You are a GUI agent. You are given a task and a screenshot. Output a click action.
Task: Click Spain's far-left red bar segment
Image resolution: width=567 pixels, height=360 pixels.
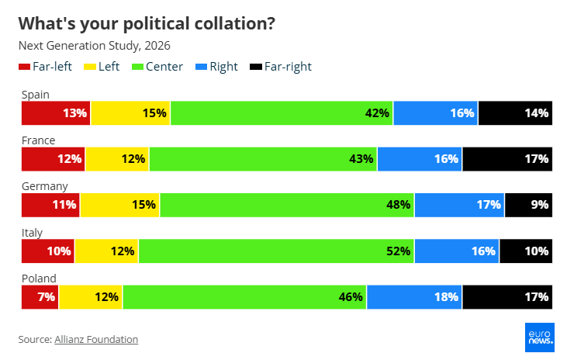coord(56,113)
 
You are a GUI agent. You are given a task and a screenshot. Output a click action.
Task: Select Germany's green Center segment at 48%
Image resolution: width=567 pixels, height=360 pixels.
coord(286,205)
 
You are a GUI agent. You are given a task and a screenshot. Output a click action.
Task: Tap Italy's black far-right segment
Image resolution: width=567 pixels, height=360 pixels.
coord(526,251)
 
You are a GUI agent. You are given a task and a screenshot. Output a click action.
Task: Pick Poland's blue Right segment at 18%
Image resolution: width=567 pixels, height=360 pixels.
coord(414,296)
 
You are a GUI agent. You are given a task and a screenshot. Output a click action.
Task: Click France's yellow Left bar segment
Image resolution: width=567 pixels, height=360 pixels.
coord(117,159)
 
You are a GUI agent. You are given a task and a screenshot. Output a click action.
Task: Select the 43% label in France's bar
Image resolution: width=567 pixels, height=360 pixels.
coord(361,159)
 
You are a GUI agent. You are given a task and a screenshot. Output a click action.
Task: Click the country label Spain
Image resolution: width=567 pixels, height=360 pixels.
coord(36,95)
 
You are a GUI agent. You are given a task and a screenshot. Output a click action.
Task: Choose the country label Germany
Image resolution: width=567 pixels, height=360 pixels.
coord(44,186)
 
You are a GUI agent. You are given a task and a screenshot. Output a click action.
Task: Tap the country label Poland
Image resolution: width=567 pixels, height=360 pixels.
coord(39,278)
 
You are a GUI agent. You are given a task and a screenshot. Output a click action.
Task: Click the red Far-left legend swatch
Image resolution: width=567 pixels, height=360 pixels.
coord(24,67)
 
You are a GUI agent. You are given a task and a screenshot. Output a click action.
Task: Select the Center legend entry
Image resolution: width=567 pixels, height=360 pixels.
coord(159,67)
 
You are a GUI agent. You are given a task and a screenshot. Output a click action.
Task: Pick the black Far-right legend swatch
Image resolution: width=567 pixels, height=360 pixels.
coord(255,67)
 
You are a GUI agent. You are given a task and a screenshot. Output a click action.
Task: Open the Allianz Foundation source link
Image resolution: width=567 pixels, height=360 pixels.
coord(96,339)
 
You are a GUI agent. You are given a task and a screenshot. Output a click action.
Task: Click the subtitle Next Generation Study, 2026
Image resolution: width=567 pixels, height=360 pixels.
coord(94,46)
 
